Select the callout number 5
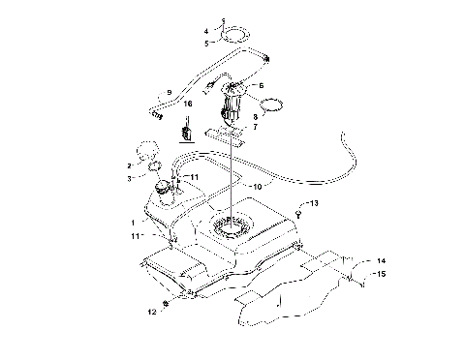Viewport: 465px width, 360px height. (205, 44)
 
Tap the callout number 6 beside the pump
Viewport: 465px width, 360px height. (261, 86)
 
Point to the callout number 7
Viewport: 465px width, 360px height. (254, 127)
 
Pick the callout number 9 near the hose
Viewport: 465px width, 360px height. (169, 92)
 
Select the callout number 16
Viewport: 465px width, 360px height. (188, 103)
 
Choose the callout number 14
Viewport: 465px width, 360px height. (381, 261)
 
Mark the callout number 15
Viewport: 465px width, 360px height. (381, 274)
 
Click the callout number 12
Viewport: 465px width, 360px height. (150, 312)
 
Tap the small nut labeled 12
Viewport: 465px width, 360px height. (167, 306)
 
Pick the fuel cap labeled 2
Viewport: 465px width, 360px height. (145, 152)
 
